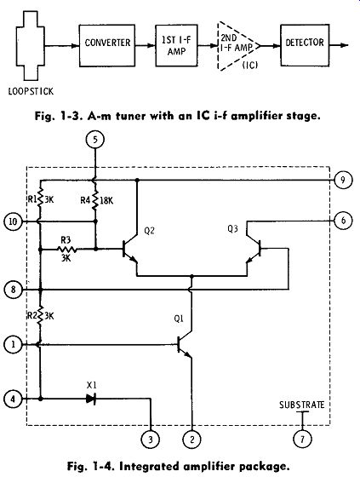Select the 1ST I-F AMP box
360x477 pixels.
point(177,46)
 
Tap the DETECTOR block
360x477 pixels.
point(305,45)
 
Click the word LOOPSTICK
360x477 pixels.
point(31,91)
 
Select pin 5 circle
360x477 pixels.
point(95,140)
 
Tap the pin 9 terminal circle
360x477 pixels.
point(343,180)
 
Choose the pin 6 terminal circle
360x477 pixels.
point(343,221)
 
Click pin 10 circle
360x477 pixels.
point(13,221)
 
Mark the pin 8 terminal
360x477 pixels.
point(13,290)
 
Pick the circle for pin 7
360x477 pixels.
point(302,439)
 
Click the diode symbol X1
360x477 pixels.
point(91,399)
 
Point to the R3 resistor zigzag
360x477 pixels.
point(67,250)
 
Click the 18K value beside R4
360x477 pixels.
point(106,200)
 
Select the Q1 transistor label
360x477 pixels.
point(179,319)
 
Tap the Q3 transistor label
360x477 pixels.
point(232,229)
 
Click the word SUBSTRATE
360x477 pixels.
point(302,405)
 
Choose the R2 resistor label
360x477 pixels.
point(32,316)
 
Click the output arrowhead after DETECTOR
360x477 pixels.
point(344,45)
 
